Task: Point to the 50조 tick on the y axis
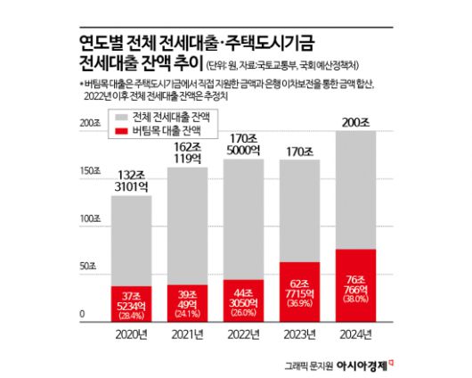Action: pyautogui.click(x=86, y=267)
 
